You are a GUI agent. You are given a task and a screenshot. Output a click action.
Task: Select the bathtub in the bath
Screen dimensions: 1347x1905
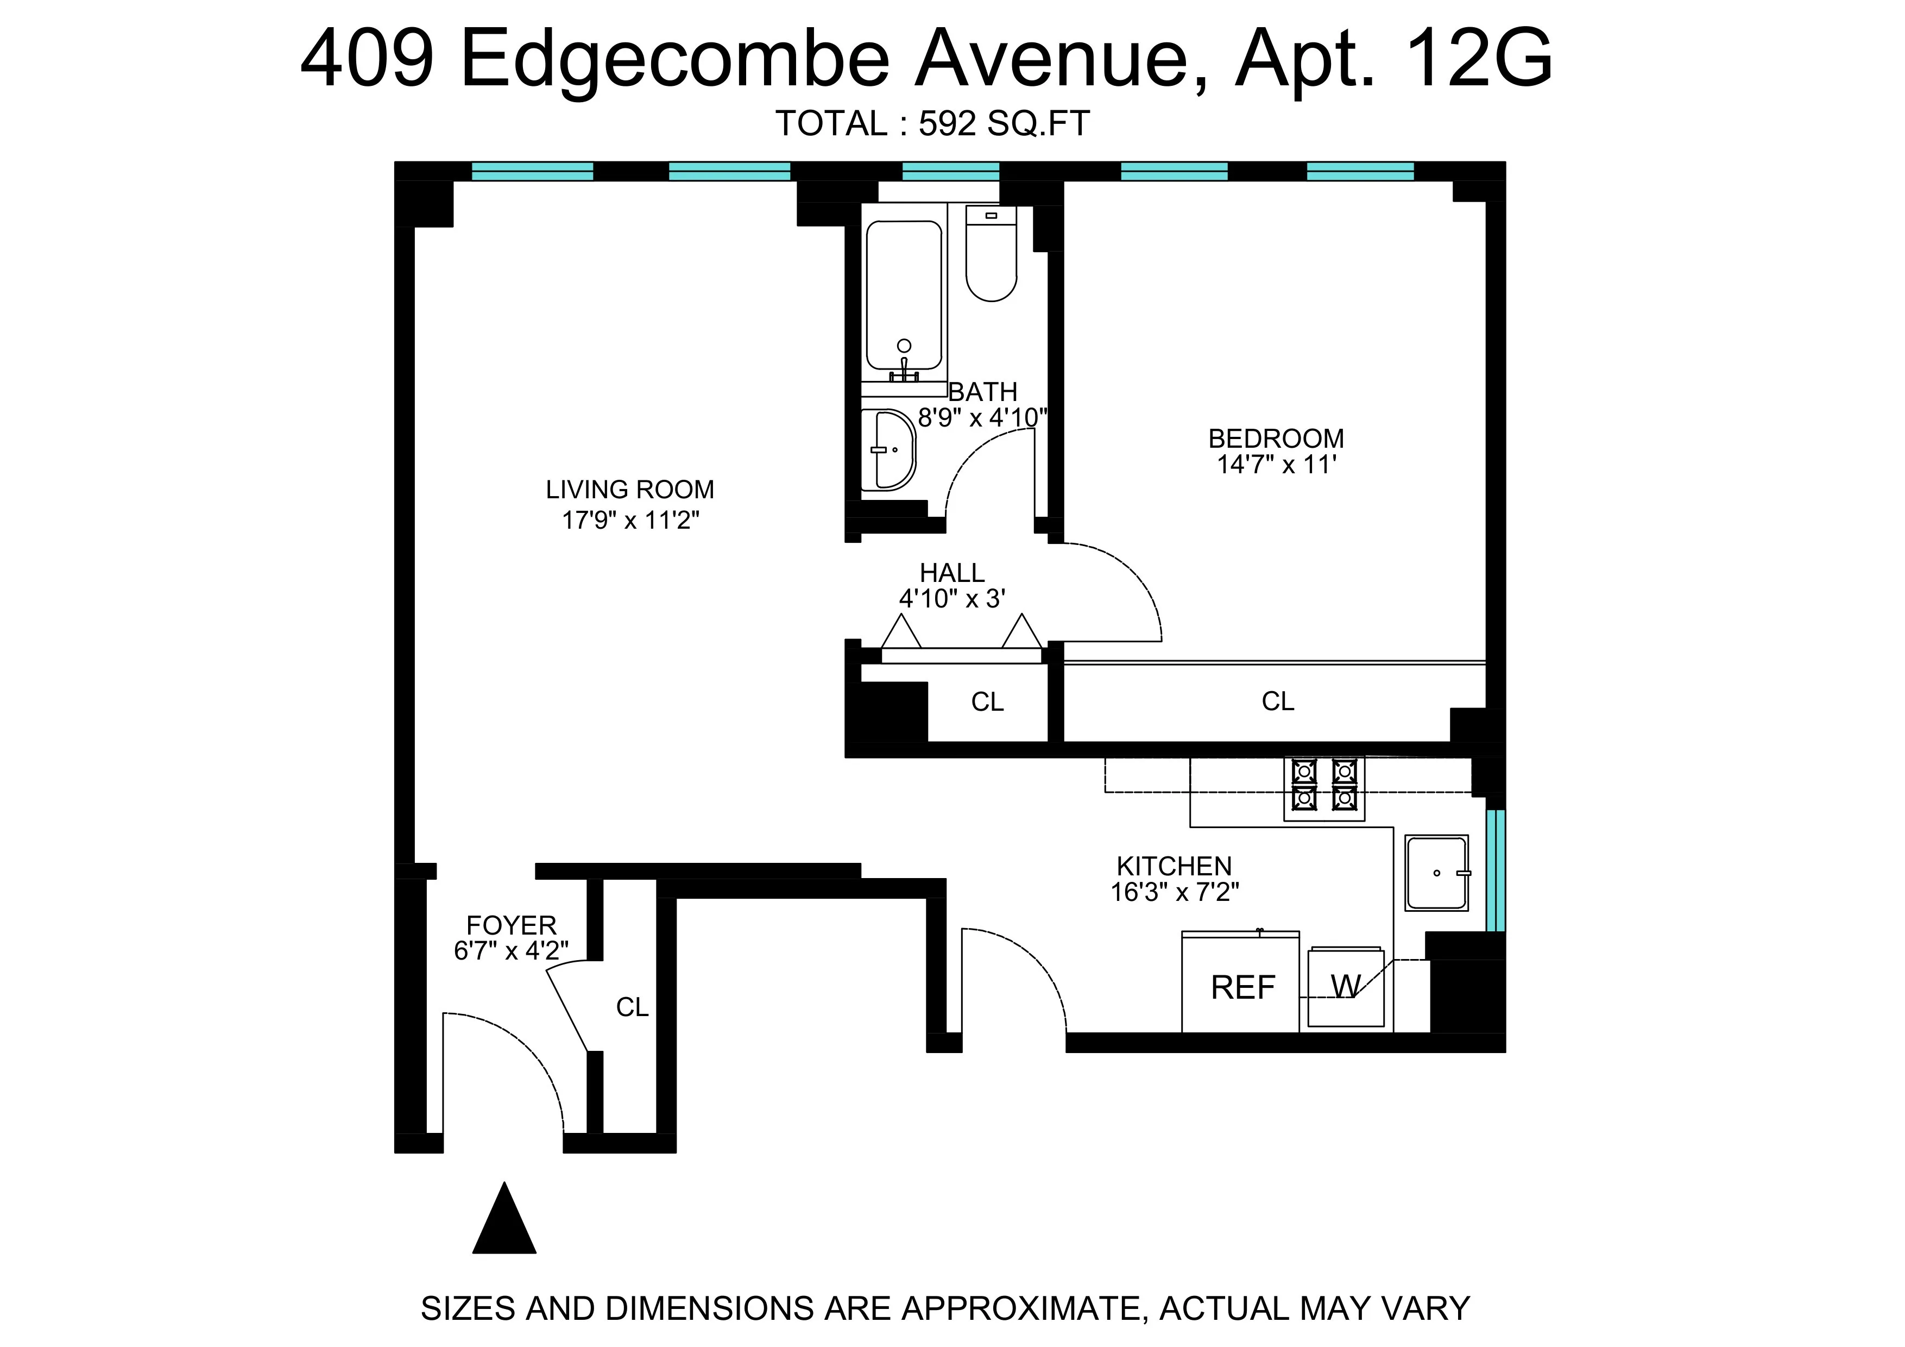pyautogui.click(x=904, y=295)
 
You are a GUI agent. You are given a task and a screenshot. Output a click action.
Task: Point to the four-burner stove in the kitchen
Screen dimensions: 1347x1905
pyautogui.click(x=1323, y=785)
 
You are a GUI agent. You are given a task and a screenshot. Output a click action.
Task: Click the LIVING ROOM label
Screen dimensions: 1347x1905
pyautogui.click(x=630, y=490)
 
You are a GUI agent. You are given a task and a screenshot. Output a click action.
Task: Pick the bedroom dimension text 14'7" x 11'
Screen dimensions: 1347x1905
pyautogui.click(x=1276, y=465)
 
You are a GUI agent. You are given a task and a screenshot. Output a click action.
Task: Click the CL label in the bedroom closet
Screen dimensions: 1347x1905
pyautogui.click(x=1278, y=702)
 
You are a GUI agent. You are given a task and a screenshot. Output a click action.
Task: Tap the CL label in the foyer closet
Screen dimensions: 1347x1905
pyautogui.click(x=632, y=1007)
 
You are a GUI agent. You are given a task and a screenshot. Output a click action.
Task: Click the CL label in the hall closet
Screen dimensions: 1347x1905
pyautogui.click(x=987, y=702)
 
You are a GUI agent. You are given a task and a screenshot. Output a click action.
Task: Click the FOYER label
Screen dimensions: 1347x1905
pyautogui.click(x=511, y=925)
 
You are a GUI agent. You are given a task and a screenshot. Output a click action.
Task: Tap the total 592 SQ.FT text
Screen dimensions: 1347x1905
pyautogui.click(x=932, y=124)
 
